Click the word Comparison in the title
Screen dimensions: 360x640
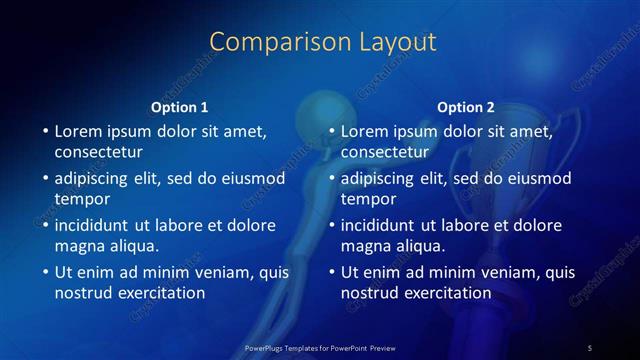click(x=269, y=42)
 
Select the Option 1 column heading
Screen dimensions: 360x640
click(x=180, y=107)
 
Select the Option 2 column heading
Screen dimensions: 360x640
click(x=466, y=107)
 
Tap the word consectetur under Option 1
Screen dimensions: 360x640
click(x=99, y=152)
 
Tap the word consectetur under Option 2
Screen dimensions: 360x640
click(x=385, y=152)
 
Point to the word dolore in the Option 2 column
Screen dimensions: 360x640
click(x=533, y=225)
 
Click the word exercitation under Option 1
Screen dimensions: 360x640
click(x=160, y=293)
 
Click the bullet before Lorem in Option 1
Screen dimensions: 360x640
click(x=44, y=131)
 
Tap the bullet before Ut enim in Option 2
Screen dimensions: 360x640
click(x=330, y=272)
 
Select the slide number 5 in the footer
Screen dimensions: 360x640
click(x=590, y=347)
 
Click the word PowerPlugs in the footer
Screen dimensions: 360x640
click(x=265, y=347)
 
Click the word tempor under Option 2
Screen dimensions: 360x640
click(x=367, y=199)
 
